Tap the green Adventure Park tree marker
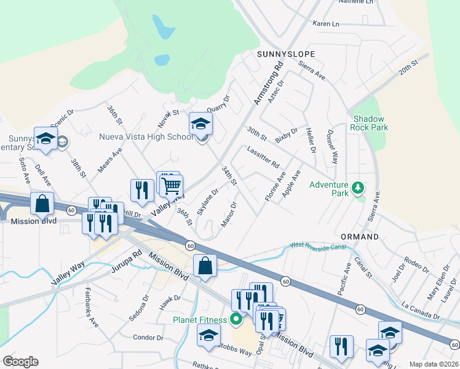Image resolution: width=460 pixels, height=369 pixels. pos(357,186)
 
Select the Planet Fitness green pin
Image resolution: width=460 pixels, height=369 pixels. pos(235,319)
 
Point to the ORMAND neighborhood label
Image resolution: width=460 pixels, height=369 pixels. pos(360,236)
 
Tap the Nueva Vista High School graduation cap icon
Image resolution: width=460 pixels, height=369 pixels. pos(200,124)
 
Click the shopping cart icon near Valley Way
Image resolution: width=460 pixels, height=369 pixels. pos(172,184)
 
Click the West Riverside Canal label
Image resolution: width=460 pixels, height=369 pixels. pos(317,247)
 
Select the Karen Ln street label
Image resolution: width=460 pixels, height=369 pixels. pos(326,24)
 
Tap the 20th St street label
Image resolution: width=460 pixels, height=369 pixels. pos(408,67)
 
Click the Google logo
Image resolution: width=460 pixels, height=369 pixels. pos(20,362)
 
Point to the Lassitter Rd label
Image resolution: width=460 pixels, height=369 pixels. pos(263,158)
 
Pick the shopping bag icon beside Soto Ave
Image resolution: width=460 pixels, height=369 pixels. pos(42,204)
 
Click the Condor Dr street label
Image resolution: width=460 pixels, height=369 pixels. pos(147,337)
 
